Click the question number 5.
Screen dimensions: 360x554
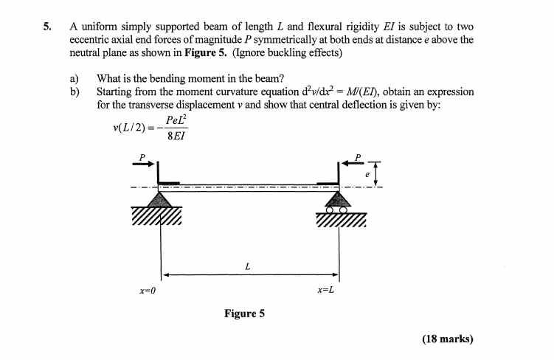[x=46, y=27]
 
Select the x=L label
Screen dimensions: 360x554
[x=326, y=290]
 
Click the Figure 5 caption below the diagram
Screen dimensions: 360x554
[x=244, y=314]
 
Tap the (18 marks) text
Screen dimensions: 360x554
[x=447, y=339]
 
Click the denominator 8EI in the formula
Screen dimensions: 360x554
[x=177, y=136]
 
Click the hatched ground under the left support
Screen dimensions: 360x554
[x=157, y=218]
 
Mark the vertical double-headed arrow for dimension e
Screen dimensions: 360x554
[x=378, y=174]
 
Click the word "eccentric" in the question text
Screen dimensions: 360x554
[x=91, y=41]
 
